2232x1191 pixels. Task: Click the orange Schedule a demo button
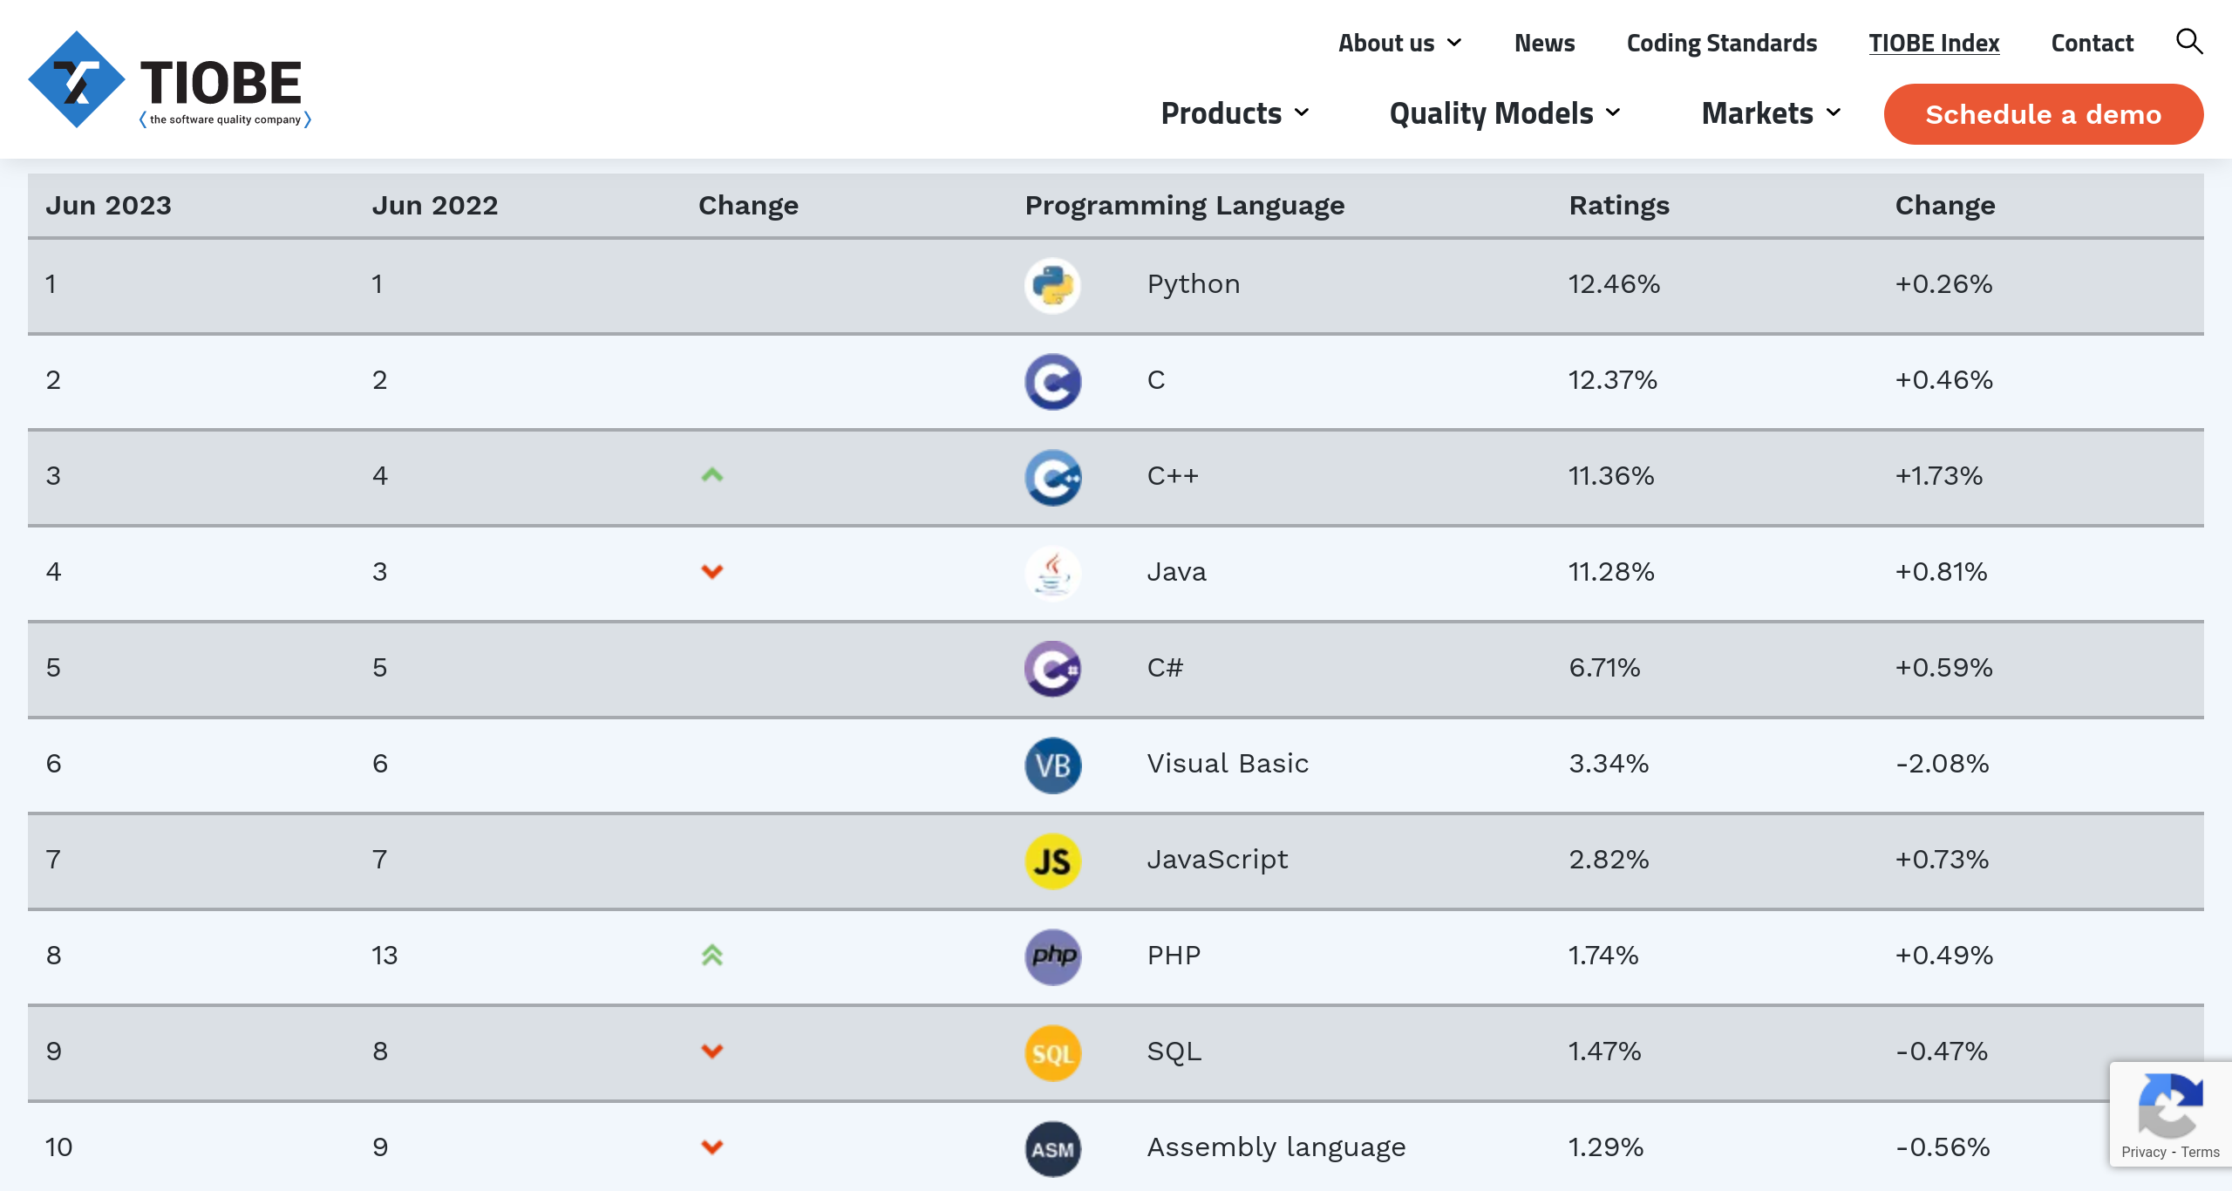tap(2043, 114)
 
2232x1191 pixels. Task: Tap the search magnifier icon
tap(2189, 41)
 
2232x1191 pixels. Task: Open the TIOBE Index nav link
tap(1934, 43)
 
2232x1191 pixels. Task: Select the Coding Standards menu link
tap(1721, 43)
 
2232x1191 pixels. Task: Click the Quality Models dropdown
tap(1504, 113)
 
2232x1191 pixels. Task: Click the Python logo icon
tap(1052, 285)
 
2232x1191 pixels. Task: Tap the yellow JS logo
tap(1052, 861)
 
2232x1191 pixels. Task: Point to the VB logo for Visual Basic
tap(1052, 765)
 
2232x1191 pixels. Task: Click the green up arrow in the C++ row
tap(712, 475)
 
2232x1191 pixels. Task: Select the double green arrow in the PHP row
tap(712, 956)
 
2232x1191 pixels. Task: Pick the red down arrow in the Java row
tap(712, 572)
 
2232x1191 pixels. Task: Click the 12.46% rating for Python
tap(1614, 284)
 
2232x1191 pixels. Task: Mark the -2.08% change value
tap(1943, 764)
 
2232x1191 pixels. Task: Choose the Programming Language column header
tap(1185, 206)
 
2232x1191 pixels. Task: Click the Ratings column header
tap(1619, 206)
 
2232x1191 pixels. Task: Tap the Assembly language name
tap(1276, 1147)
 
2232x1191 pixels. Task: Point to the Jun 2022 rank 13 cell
tap(384, 956)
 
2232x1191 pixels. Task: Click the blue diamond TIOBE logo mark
tap(77, 80)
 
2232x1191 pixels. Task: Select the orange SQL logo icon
tap(1052, 1052)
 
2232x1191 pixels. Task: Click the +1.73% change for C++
tap(1939, 476)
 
